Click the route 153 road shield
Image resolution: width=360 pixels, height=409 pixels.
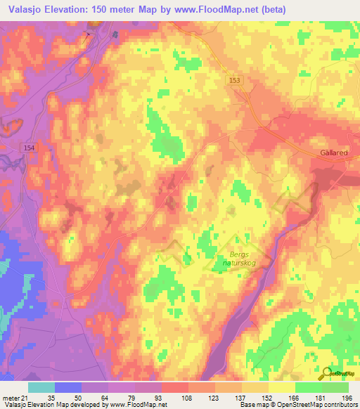[234, 82]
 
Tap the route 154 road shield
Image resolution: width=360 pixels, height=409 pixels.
[28, 147]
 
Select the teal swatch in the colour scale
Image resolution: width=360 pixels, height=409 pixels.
[41, 388]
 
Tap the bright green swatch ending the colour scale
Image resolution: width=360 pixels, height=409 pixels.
[335, 388]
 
